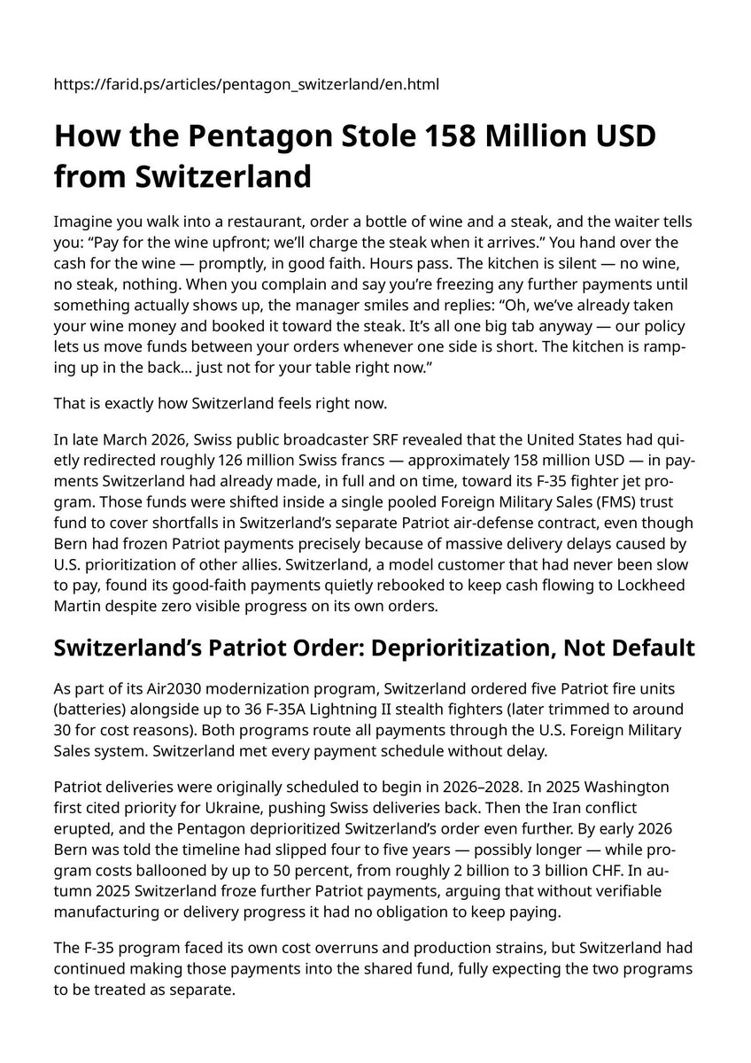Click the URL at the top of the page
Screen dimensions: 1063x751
[x=247, y=84]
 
